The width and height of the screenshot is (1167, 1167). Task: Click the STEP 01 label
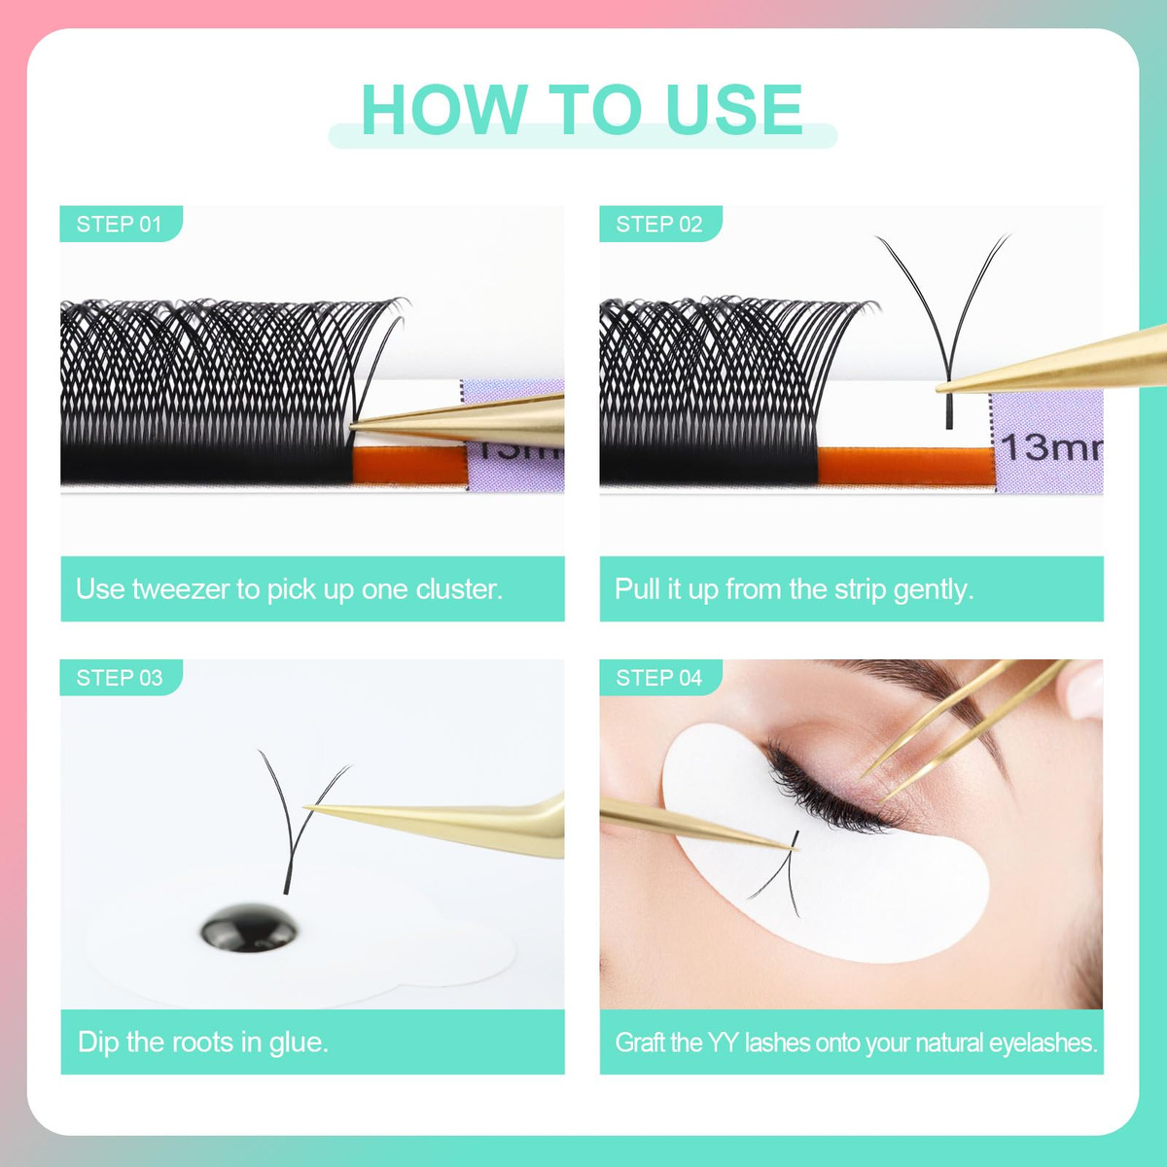120,224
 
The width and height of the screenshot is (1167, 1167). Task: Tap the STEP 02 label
659,224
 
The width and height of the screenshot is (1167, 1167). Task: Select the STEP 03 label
120,678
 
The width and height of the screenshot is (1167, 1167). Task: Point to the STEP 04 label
659,678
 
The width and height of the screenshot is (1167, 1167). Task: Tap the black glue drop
249,929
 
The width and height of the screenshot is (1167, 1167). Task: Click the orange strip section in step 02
906,465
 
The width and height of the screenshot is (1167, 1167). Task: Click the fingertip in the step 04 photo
1085,690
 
